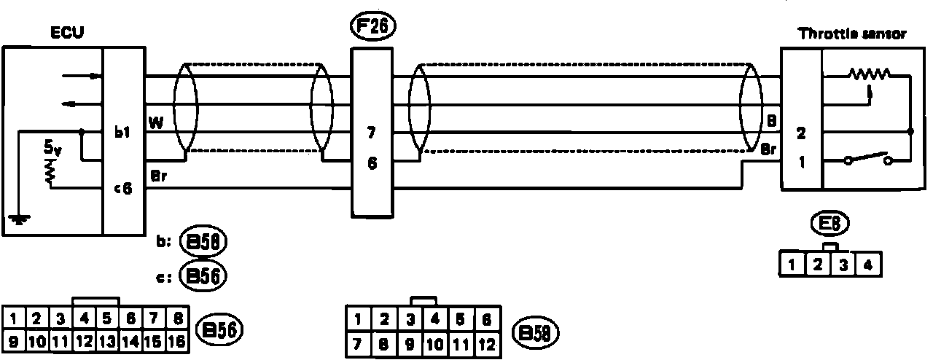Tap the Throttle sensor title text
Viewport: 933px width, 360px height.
(852, 34)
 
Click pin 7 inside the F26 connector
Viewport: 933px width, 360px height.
(372, 133)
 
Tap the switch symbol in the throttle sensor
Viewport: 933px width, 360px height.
(867, 160)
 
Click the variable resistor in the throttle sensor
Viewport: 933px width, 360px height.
(869, 75)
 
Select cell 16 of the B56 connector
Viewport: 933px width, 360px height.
(177, 340)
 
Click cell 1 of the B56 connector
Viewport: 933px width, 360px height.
(15, 318)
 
